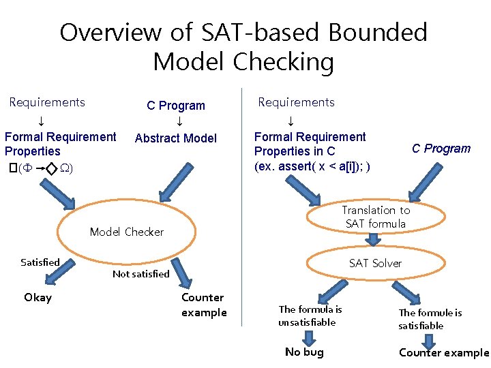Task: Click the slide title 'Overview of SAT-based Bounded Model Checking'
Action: pos(243,46)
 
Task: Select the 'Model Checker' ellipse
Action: pos(127,232)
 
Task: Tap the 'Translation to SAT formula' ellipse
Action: pos(376,217)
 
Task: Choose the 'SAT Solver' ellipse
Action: pos(375,263)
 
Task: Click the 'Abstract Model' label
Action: pos(176,138)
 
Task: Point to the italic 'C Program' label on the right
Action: pos(441,149)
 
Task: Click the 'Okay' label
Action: pos(38,297)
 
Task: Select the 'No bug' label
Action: pos(304,352)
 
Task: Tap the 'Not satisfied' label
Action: pos(140,274)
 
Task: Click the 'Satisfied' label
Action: pos(40,262)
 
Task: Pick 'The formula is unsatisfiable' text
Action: pos(310,316)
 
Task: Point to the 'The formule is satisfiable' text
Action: pos(430,319)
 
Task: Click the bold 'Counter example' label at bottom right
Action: pos(444,352)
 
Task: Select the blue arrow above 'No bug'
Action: pos(308,337)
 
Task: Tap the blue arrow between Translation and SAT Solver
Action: pos(374,240)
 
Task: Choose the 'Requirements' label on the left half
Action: pos(47,102)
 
